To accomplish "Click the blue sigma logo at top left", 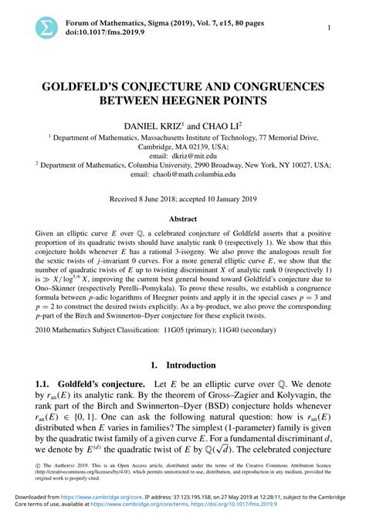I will pos(46,29).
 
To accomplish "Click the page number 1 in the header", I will pos(330,29).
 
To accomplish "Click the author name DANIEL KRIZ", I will pos(151,125).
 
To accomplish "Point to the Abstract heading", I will pos(183,219).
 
